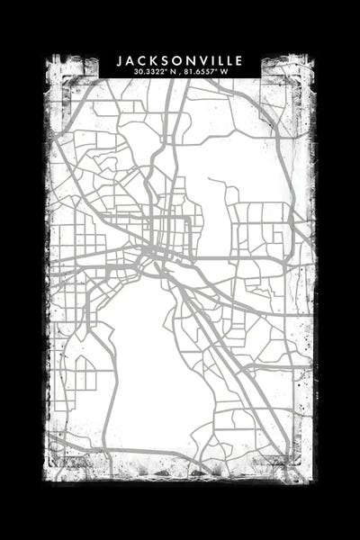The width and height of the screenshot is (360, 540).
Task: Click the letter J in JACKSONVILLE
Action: pos(120,60)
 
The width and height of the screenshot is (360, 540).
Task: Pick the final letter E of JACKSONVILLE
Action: pos(238,60)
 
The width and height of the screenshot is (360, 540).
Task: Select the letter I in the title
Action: pos(210,60)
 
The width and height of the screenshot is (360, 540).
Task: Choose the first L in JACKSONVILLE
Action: pos(218,60)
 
